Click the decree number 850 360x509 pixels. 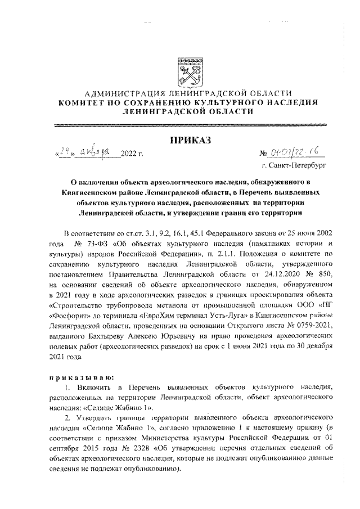318,273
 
